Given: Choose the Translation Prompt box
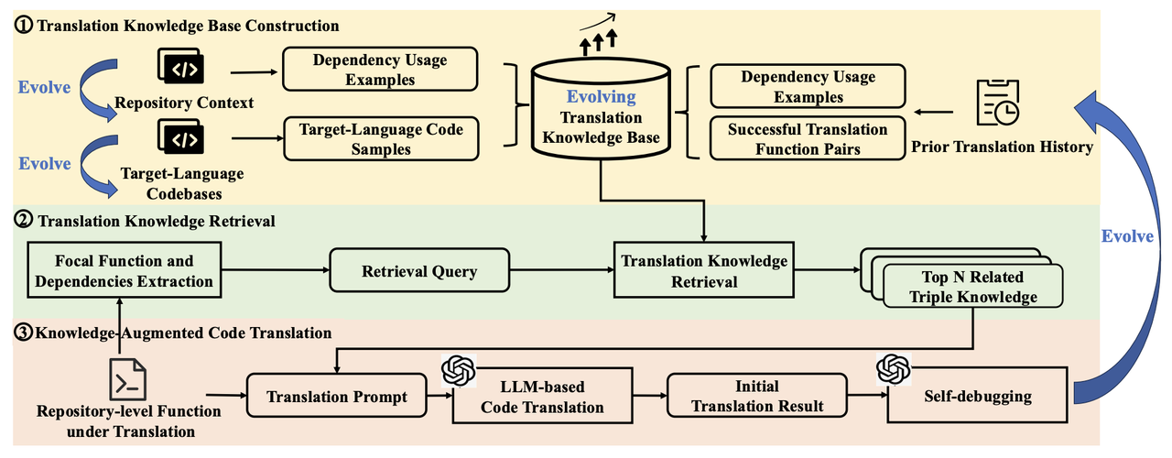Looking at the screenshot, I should point(337,398).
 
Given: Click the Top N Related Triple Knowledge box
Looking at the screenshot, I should point(972,286).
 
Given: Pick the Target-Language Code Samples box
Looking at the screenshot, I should point(381,139).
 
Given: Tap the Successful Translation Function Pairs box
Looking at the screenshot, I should point(808,139).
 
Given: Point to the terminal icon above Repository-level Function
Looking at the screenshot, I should point(129,378).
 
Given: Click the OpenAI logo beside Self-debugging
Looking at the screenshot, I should point(891,369).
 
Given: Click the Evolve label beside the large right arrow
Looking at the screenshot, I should point(1126,236).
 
